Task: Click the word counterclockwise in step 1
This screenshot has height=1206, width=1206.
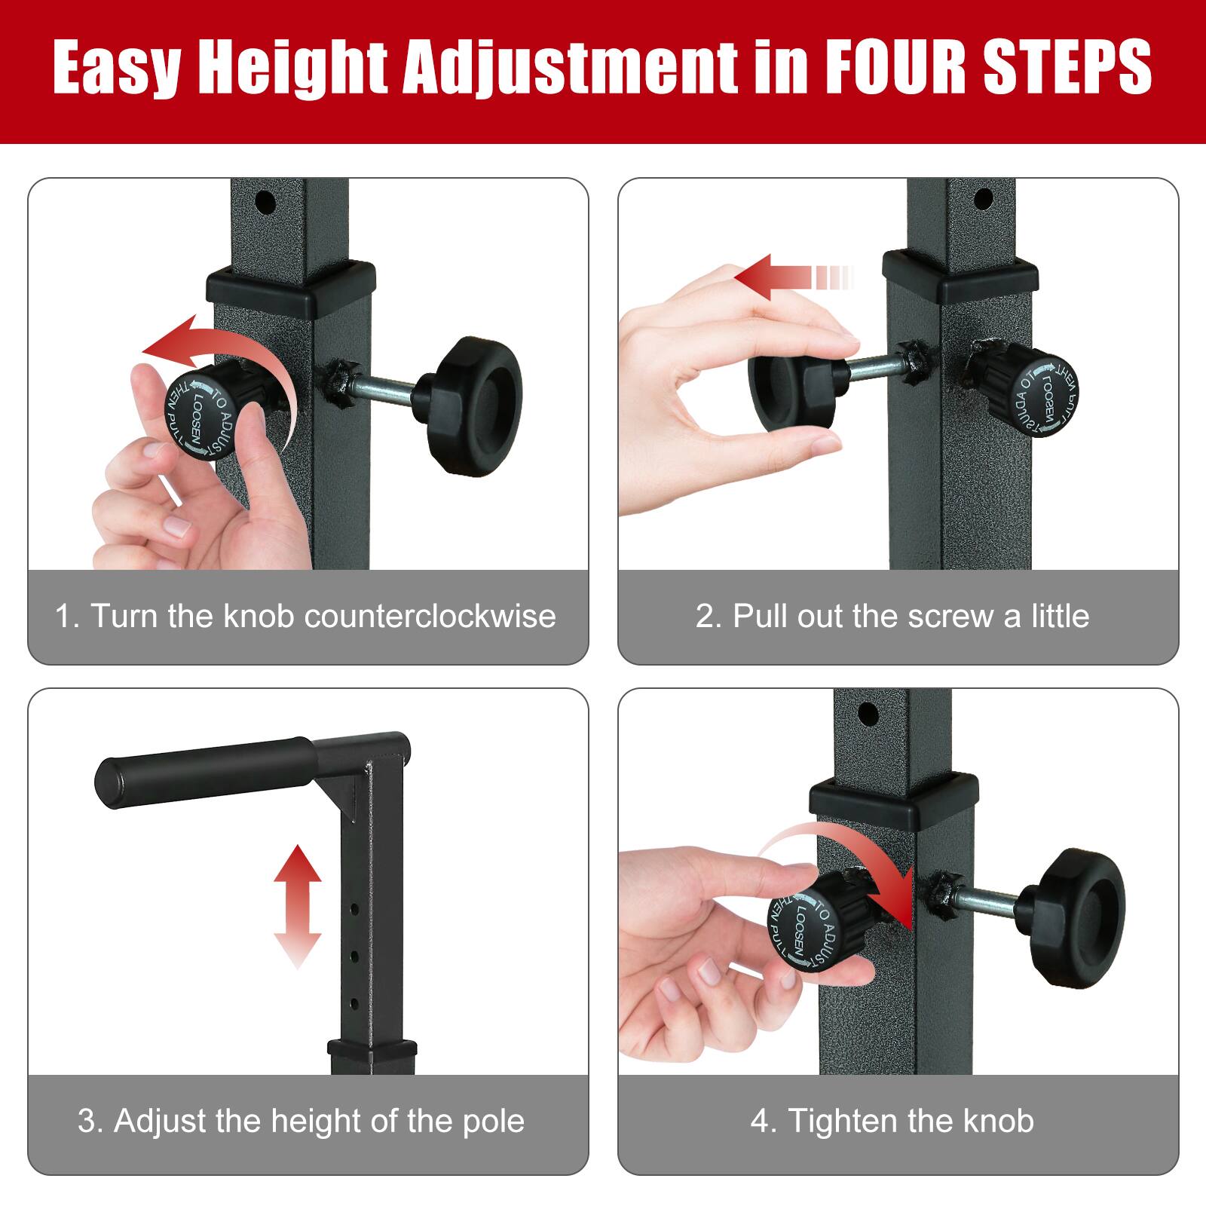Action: point(430,617)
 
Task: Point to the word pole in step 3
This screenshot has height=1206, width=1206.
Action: point(494,1121)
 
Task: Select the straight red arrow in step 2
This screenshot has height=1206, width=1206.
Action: point(791,277)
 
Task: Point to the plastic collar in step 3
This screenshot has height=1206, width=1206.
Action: point(372,1048)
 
